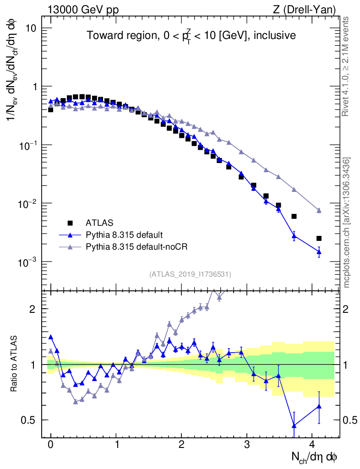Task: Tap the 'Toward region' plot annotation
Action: [191, 35]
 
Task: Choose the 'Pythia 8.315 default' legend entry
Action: [124, 235]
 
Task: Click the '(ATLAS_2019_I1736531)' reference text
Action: [190, 274]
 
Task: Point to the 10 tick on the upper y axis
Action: [30, 28]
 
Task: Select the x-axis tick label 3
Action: [247, 445]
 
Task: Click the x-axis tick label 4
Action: [312, 445]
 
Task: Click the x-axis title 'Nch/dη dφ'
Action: [315, 457]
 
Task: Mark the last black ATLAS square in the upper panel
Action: [319, 238]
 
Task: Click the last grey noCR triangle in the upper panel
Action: [319, 211]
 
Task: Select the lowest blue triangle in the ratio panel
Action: [294, 425]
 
